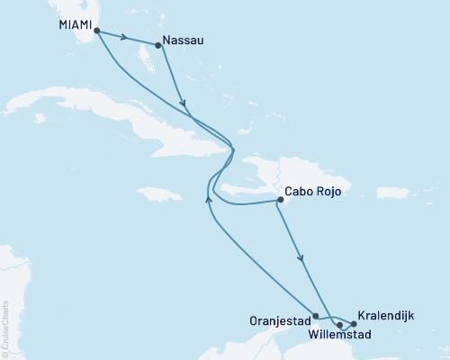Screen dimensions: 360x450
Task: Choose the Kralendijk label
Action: pyautogui.click(x=386, y=315)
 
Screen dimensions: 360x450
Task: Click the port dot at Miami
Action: pyautogui.click(x=96, y=31)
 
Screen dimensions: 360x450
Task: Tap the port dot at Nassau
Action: pyautogui.click(x=158, y=47)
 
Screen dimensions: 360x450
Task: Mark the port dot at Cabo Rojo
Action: pyautogui.click(x=280, y=200)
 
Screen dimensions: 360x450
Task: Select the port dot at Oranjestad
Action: pyautogui.click(x=315, y=316)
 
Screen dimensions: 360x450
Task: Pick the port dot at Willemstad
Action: pyautogui.click(x=339, y=324)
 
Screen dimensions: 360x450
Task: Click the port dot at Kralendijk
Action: pyautogui.click(x=354, y=323)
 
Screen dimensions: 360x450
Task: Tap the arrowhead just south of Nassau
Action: pyautogui.click(x=183, y=102)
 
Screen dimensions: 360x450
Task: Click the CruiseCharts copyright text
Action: pyautogui.click(x=5, y=328)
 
